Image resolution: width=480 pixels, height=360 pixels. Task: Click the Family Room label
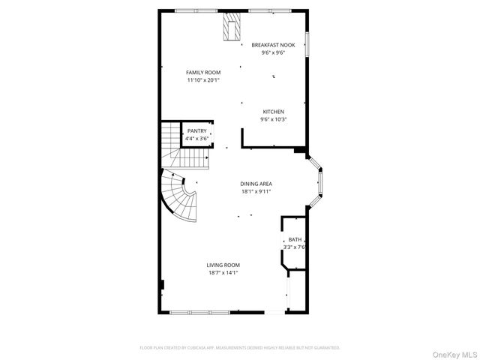pos(203,72)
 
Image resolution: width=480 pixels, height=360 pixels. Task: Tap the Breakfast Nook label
pos(273,45)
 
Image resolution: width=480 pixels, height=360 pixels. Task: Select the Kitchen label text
pos(273,112)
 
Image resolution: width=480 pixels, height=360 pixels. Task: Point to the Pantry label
pos(197,130)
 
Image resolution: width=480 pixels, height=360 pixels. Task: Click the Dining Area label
pos(256,184)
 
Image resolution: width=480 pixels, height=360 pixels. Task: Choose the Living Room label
pos(223,265)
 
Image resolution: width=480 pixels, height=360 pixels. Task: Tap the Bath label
pos(295,239)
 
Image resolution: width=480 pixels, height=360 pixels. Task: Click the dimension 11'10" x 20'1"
pos(203,79)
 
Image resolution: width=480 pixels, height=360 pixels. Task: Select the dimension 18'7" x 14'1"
pos(223,272)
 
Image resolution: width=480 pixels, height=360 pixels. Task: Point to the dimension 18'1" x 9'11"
pos(256,191)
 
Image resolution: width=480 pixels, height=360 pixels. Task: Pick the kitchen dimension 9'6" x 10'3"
pos(273,119)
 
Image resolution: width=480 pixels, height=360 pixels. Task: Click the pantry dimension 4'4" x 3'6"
pos(197,138)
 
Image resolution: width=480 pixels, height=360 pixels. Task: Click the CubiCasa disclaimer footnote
pos(240,348)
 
